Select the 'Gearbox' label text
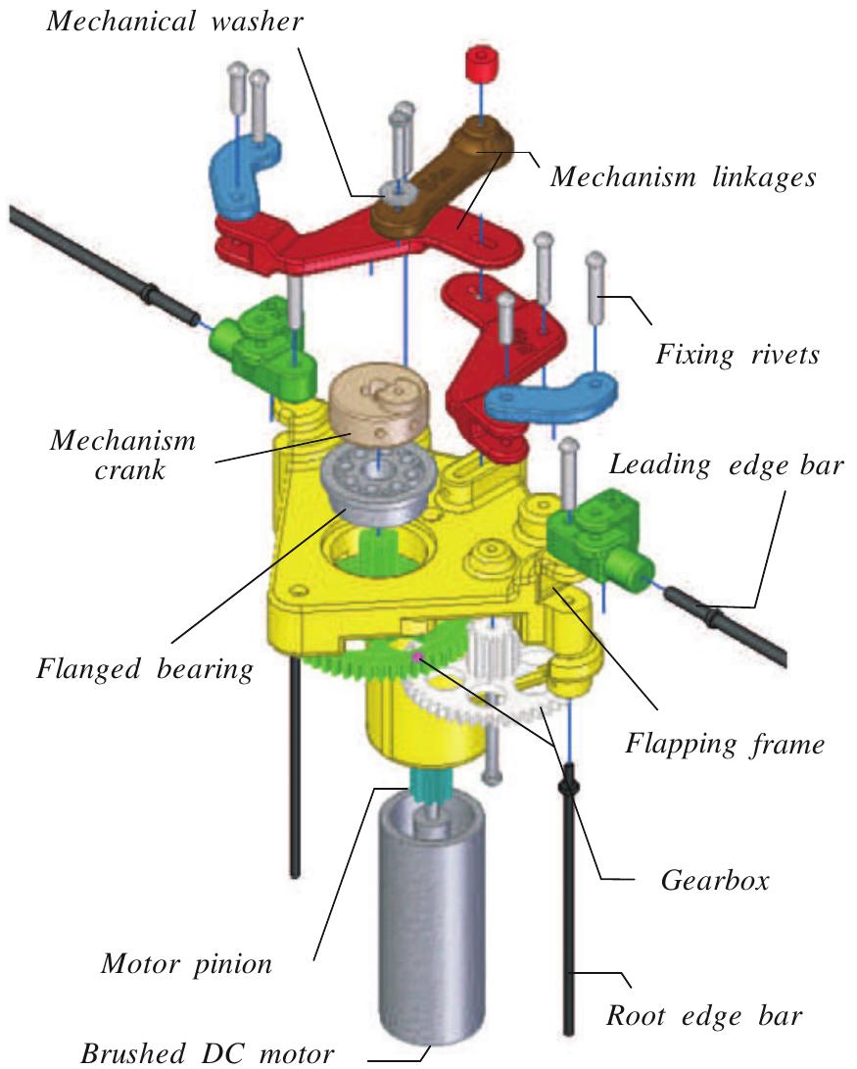(699, 880)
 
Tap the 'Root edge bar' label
(704, 1015)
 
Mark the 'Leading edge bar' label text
(725, 464)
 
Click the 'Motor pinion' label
(186, 964)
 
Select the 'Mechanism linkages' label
(683, 177)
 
